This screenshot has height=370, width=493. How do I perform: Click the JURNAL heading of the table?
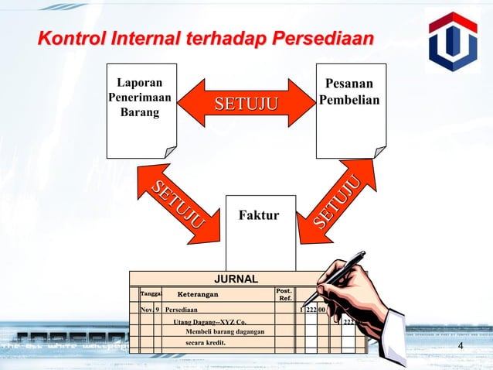(x=236, y=279)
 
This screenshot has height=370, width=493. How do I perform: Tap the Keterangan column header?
(x=198, y=295)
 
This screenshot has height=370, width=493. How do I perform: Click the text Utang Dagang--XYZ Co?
(x=209, y=321)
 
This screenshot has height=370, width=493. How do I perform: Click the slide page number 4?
(x=461, y=345)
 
